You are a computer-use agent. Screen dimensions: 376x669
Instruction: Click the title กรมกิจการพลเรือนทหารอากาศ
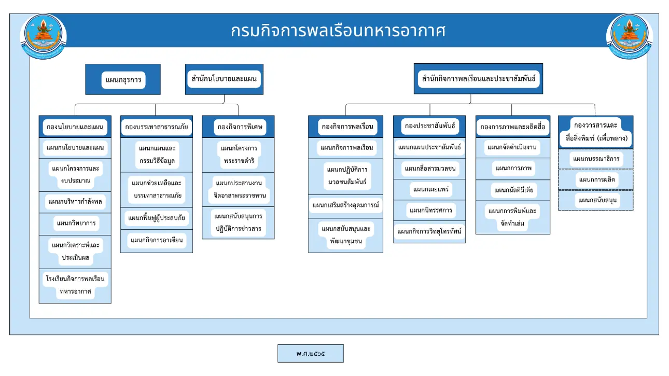[x=338, y=31]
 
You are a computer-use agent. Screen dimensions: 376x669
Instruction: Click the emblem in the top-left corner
[x=44, y=36]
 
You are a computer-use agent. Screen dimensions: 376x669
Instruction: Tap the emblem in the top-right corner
[x=630, y=36]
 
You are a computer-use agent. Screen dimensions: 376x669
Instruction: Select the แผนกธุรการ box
[x=123, y=80]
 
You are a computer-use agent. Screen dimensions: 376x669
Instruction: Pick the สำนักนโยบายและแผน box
[x=224, y=79]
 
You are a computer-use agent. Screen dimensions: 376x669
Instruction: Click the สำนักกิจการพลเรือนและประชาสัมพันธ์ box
[x=478, y=79]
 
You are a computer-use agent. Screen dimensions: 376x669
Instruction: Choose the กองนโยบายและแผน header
[x=75, y=127]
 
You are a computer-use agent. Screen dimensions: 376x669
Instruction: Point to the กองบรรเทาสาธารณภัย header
[x=157, y=127]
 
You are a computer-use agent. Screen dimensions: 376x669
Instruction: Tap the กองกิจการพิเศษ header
[x=238, y=127]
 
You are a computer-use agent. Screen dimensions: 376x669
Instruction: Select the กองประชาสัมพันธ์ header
[x=429, y=126]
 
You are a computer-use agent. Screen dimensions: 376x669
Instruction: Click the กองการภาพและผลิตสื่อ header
[x=512, y=127]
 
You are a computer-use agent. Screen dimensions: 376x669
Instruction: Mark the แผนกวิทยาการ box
[x=75, y=224]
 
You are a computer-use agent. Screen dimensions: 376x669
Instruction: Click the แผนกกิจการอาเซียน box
[x=157, y=240]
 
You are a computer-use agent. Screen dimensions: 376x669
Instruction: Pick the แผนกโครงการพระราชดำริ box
[x=238, y=155]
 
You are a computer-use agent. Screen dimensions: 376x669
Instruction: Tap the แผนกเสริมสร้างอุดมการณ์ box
[x=345, y=205]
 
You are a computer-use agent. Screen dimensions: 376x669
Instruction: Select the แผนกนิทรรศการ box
[x=429, y=210]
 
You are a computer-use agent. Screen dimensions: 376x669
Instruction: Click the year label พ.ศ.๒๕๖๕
[x=311, y=354]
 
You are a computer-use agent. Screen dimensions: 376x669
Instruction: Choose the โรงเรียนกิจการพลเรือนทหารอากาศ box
[x=75, y=285]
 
